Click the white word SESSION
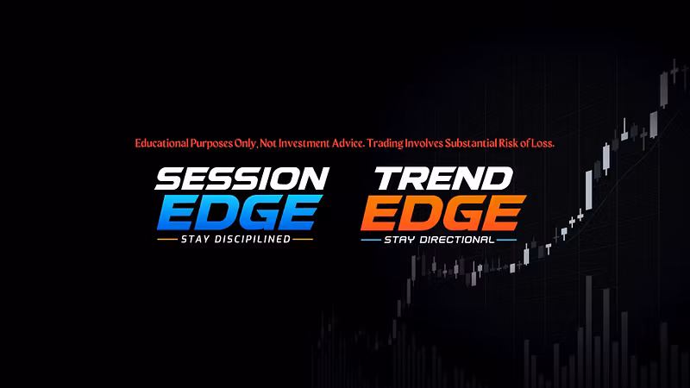pos(241,178)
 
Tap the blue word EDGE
pos(240,212)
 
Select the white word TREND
pos(443,178)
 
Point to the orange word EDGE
pos(443,213)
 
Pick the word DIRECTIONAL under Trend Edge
pos(457,240)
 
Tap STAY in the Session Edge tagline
pos(195,240)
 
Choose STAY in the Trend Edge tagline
pos(399,240)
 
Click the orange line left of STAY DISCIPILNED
pos(167,240)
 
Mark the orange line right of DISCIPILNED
pos(303,240)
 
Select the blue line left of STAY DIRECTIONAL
pos(371,241)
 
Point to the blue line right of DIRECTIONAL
pos(506,241)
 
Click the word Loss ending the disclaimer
pos(543,143)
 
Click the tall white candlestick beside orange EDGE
pos(588,190)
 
